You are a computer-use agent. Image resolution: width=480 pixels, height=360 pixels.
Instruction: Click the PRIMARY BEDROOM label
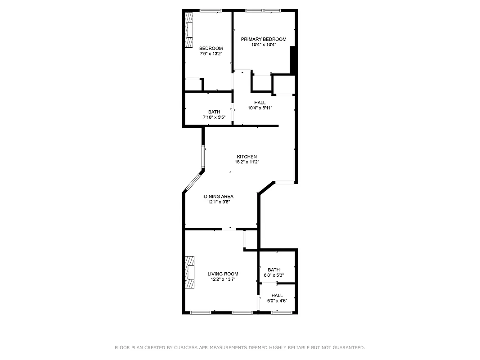[263, 39]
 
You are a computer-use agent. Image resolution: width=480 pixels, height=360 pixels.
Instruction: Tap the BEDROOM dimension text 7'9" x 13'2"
[211, 54]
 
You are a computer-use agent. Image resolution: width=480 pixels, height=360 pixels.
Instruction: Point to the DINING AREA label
[219, 196]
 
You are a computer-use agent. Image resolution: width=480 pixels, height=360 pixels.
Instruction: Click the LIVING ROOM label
[223, 274]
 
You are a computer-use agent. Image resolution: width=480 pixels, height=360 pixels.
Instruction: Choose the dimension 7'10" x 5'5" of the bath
[214, 117]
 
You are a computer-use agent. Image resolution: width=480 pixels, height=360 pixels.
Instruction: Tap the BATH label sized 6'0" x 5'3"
[274, 270]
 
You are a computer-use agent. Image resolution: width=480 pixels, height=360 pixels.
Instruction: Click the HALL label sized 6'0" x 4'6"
[277, 295]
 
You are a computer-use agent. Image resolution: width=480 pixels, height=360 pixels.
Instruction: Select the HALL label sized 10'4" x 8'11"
[260, 103]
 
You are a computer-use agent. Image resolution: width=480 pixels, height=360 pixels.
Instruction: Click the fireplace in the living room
[190, 272]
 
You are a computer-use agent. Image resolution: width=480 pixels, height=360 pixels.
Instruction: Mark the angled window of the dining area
[194, 181]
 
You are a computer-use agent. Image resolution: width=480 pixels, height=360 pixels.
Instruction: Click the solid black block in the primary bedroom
[292, 59]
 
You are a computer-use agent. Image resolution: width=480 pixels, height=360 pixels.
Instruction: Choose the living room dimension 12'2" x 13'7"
[223, 279]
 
